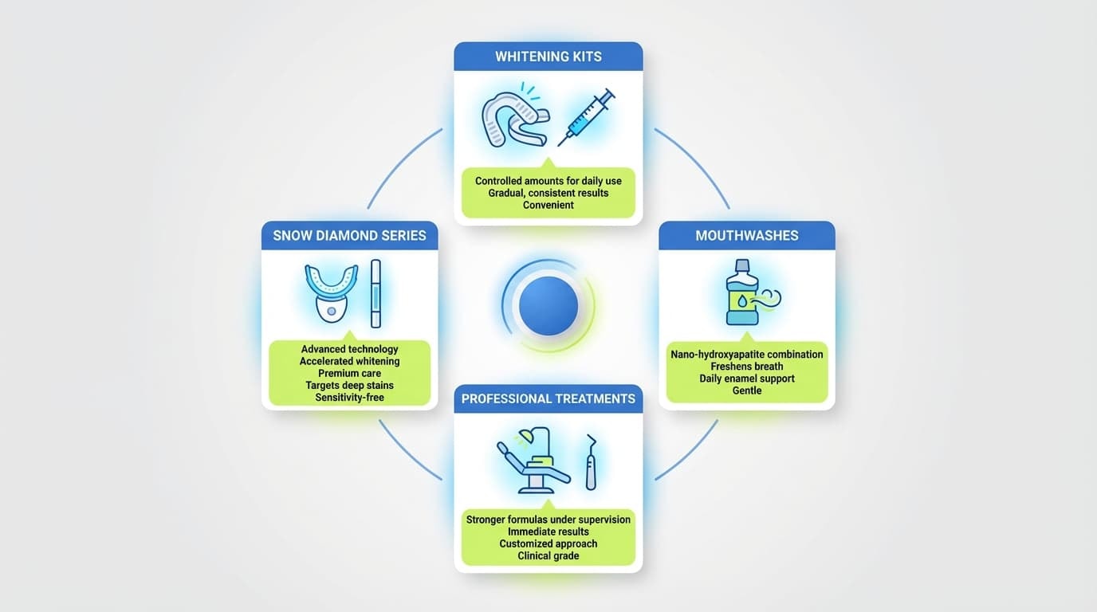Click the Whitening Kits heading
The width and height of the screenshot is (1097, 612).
click(x=548, y=57)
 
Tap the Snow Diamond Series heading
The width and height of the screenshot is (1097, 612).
click(x=349, y=236)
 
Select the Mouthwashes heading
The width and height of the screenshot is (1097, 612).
click(x=747, y=236)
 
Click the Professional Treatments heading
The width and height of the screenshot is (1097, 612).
click(x=548, y=398)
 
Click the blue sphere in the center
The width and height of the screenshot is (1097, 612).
click(x=548, y=306)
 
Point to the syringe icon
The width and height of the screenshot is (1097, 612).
click(x=586, y=117)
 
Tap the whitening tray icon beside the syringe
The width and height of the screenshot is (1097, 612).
click(x=515, y=120)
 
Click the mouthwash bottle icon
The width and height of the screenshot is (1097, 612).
click(x=742, y=292)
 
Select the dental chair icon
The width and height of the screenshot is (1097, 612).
click(x=534, y=461)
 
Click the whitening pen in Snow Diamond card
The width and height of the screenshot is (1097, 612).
click(x=375, y=294)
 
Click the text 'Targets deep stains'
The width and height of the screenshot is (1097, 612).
click(x=349, y=386)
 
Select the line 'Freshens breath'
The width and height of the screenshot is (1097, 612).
click(x=747, y=367)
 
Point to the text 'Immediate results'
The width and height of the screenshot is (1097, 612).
click(x=548, y=532)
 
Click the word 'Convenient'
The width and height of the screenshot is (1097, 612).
click(x=548, y=205)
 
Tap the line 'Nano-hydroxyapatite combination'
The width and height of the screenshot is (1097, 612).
click(x=747, y=355)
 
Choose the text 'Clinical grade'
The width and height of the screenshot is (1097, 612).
click(x=548, y=555)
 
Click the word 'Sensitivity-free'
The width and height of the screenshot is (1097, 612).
click(x=349, y=398)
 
